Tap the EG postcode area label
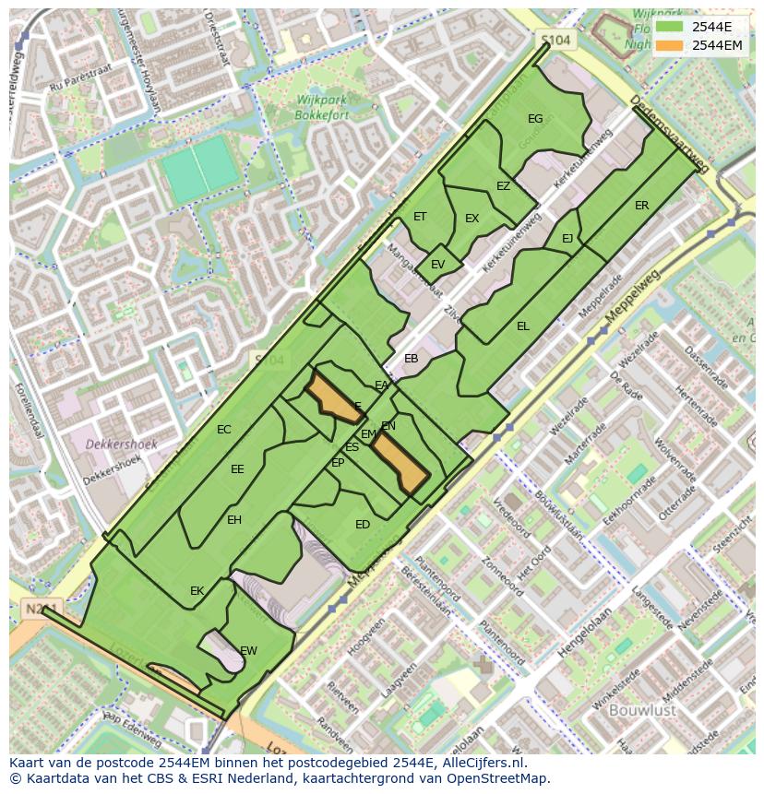(535, 119)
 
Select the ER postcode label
(641, 206)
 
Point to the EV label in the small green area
(437, 265)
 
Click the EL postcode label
(523, 326)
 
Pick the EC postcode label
(224, 430)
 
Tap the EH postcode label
(234, 520)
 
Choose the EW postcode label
(248, 651)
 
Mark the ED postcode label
(363, 525)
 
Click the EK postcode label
(197, 591)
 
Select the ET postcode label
(420, 218)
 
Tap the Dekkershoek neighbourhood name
(121, 444)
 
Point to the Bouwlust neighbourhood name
(643, 710)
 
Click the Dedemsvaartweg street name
(670, 135)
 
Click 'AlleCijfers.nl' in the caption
(480, 763)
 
